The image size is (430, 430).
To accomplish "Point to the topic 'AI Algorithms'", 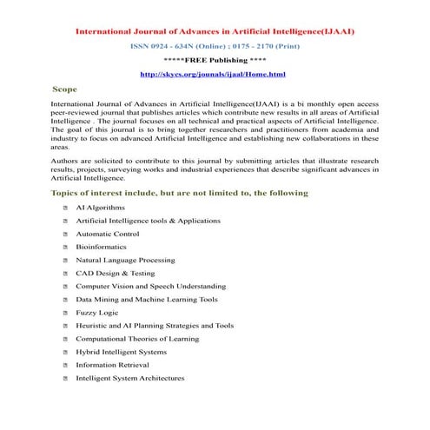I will pos(100,208).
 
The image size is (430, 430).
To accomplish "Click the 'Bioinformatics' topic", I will pos(101,247).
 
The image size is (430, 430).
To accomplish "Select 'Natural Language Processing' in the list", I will pos(125,260).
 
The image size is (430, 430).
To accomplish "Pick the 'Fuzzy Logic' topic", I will pos(97,312).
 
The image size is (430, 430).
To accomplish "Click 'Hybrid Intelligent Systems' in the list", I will pos(122,352).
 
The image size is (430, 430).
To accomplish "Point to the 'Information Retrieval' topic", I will pos(114,365).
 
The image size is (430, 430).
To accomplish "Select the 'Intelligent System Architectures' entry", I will pos(130,378).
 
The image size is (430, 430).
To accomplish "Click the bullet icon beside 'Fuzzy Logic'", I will pos(65,312).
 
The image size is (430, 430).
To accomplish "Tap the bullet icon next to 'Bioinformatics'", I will pos(65,247).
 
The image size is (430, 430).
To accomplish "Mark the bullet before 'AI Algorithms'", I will pos(65,208).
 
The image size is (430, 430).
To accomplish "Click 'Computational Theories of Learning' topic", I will pos(137,339).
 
